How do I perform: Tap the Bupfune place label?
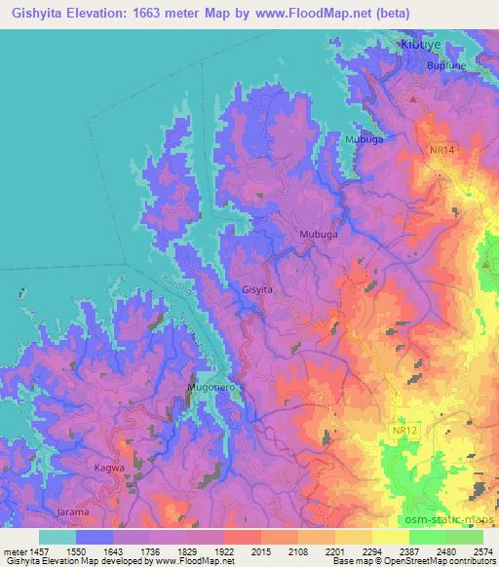coord(448,65)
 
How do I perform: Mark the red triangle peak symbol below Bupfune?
coord(414,99)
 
